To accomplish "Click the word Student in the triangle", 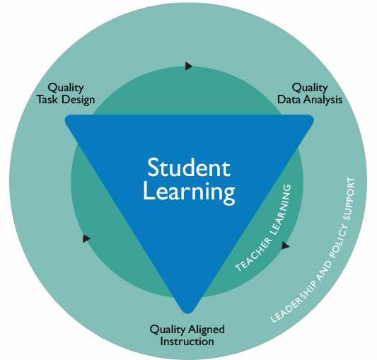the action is pos(189,168).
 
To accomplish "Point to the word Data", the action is pos(287,99).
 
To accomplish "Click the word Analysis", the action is pos(320,100).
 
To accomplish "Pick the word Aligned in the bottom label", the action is pos(207,330).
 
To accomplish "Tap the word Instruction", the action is pos(187,342).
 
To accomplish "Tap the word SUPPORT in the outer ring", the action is pos(349,199).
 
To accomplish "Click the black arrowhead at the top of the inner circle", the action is pos(189,66).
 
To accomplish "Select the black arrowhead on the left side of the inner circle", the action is pos(86,238).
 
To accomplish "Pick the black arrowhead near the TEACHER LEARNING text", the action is pos(285,245).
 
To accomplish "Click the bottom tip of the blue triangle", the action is pos(188,313).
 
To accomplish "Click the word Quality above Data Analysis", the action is pos(310,88).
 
